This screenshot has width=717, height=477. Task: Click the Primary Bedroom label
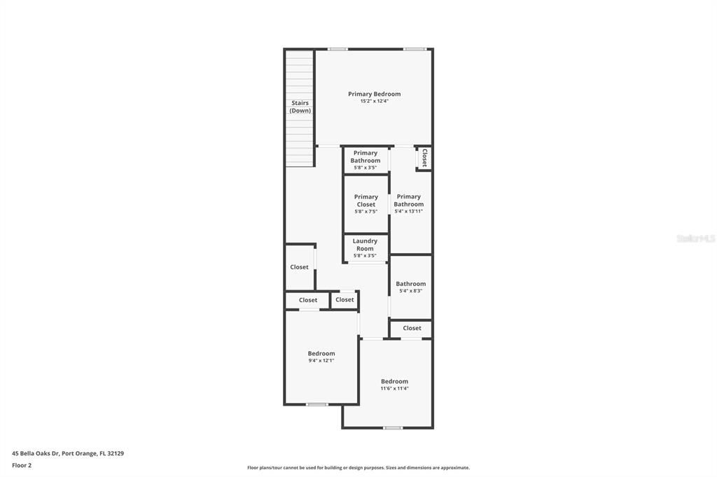coord(374,94)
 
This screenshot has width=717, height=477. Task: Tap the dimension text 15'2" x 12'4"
coord(374,101)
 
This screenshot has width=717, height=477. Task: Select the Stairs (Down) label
coord(300,107)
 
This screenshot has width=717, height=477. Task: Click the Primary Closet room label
coord(366,201)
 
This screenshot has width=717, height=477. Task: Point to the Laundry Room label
coord(365,245)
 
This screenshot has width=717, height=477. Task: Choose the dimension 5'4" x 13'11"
coord(408,211)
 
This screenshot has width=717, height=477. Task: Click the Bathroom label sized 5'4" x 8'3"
coord(410,284)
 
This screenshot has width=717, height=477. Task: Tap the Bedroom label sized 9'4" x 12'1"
coord(321,353)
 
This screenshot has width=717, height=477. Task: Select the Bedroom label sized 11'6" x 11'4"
coord(394,381)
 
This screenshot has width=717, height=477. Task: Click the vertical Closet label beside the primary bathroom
coord(424,158)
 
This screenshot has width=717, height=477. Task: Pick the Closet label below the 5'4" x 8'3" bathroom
coord(412,328)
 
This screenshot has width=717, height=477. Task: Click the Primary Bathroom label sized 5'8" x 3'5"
coord(366,157)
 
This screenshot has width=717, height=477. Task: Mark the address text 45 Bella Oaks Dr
coord(35,453)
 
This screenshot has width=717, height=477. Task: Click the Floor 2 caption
coord(22,465)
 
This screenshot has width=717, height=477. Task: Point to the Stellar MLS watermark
coord(695,239)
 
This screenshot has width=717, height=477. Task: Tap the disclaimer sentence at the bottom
coord(358,468)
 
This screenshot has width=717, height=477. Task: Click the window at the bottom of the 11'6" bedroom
coord(392,427)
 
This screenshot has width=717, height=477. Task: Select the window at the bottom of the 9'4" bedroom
coord(317,404)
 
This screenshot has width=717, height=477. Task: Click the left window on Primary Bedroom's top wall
coord(338,49)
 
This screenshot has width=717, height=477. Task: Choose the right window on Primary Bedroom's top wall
coord(414,49)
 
